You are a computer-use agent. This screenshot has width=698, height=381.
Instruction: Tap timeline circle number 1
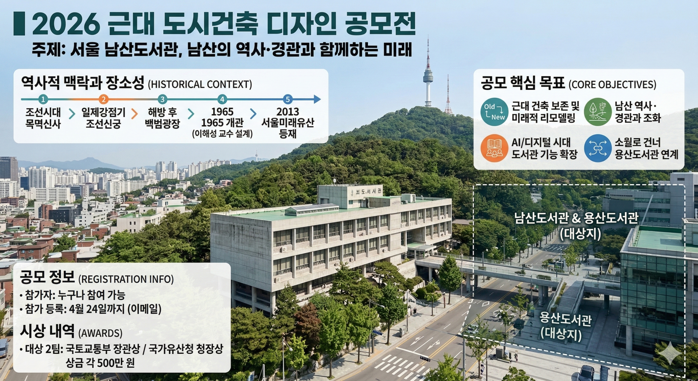tap(43, 99)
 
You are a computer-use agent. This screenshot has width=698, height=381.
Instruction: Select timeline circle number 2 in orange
tap(103, 99)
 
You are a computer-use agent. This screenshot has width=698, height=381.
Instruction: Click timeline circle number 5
tap(287, 99)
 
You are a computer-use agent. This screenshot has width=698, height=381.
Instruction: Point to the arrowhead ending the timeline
tap(317, 99)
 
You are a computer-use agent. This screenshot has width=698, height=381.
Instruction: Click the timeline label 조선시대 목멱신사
tap(43, 118)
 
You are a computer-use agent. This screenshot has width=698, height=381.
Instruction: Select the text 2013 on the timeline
tap(288, 112)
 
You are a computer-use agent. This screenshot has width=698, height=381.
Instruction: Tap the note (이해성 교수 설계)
tap(222, 134)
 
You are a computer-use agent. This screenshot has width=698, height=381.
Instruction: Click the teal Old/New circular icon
tap(495, 112)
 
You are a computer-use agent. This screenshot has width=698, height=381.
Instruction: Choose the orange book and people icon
tap(495, 148)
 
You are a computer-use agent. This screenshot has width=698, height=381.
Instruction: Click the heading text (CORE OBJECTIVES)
tap(612, 85)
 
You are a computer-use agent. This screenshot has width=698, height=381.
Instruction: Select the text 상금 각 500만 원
tap(100, 363)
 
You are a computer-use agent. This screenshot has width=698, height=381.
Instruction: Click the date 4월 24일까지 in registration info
tap(98, 309)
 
